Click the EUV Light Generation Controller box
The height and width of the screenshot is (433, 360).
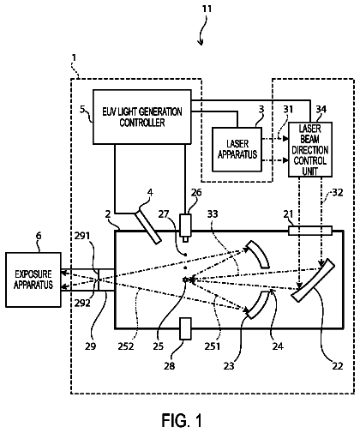click(142, 117)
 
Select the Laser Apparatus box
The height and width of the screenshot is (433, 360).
click(237, 149)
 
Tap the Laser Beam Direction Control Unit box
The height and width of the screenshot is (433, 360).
click(310, 149)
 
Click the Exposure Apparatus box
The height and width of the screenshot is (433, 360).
click(33, 280)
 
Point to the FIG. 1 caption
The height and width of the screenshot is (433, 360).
click(182, 420)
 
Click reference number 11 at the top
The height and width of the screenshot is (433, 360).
click(207, 9)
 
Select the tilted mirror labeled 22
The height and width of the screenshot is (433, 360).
click(313, 280)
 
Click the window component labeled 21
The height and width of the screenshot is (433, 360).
click(310, 231)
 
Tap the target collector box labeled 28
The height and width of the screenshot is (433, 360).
click(185, 328)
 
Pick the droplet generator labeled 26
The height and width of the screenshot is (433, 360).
click(185, 226)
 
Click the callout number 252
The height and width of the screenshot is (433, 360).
click(126, 346)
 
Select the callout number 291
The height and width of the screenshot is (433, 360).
click(82, 236)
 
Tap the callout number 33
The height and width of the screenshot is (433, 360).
click(213, 213)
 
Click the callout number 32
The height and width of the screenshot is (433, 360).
click(338, 192)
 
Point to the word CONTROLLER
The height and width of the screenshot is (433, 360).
click(142, 123)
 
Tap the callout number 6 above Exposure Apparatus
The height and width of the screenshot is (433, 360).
click(39, 236)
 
